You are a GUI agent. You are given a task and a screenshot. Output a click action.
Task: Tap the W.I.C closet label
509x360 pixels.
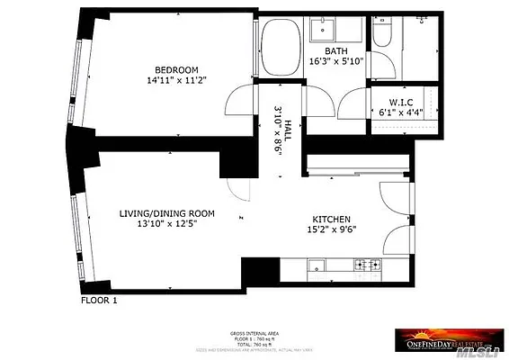(401, 103)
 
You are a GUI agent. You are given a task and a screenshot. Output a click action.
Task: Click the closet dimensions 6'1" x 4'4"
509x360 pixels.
(401, 113)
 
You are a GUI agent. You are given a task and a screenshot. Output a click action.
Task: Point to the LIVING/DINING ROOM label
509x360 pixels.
(167, 213)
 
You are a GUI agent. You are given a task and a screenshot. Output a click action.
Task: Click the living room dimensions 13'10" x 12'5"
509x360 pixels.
(167, 224)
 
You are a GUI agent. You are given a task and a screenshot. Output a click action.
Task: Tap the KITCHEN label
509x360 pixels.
(331, 219)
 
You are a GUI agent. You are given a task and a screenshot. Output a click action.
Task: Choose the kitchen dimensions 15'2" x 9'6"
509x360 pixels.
(331, 229)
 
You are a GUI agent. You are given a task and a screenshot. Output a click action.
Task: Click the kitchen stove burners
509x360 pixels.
(368, 265)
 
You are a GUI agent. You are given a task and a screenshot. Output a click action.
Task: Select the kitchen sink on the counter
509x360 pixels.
(317, 265)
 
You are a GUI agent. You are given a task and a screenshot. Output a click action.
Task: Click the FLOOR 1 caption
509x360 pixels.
(99, 301)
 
